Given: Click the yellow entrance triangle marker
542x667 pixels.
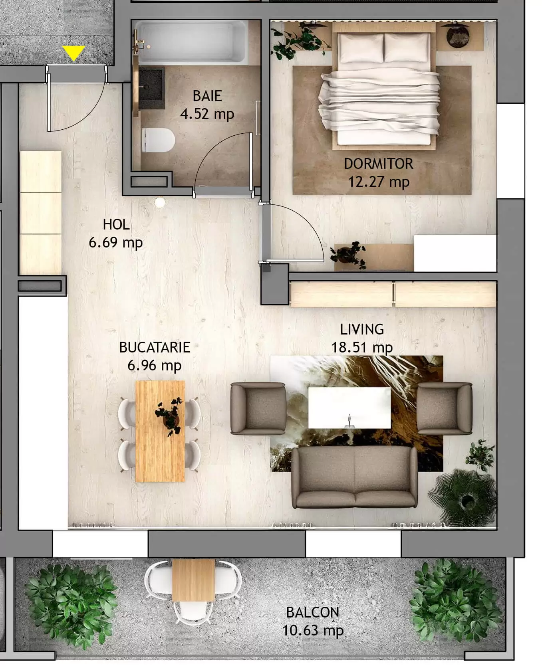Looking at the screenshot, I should point(74,53).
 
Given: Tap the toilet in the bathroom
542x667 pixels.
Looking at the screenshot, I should point(158,140).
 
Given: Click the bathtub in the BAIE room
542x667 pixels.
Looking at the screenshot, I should point(191,41).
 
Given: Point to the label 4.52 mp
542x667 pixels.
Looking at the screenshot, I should point(207,114).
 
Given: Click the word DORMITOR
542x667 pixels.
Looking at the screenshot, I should point(378,164).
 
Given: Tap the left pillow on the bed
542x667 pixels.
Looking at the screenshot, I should point(361,48).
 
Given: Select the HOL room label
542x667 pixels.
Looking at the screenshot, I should point(116,224).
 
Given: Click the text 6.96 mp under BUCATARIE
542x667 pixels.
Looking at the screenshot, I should point(155,365).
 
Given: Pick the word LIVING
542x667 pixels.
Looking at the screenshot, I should point(362,329).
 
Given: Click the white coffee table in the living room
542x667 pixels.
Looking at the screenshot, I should point(349,407).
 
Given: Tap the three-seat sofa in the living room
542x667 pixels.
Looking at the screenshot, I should point(354,478).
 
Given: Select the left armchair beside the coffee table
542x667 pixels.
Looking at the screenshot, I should point(258,408).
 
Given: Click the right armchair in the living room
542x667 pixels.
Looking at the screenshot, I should point(444,408).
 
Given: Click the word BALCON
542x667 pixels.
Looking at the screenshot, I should point(313,612).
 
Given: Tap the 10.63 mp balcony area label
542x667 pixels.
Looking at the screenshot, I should point(313,631).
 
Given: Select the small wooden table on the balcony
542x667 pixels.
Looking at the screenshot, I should point(194,580).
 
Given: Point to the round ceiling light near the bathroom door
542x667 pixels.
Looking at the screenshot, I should point(160,202).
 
